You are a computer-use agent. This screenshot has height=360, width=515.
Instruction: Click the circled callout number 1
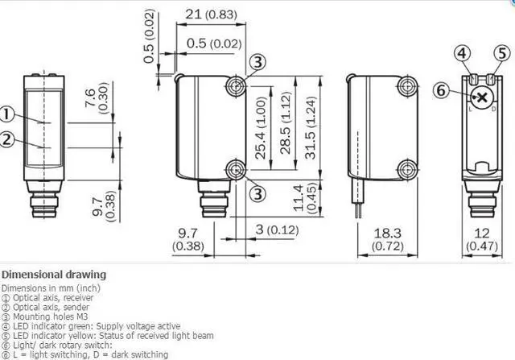[x=6, y=114]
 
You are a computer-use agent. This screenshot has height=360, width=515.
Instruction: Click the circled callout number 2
[x=6, y=139]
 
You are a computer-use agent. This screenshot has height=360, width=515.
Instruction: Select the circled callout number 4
[x=462, y=53]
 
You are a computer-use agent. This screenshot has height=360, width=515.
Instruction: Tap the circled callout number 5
[x=502, y=53]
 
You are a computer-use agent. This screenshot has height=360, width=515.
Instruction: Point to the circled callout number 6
[x=440, y=90]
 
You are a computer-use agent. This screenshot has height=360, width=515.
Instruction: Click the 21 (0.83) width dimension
[x=211, y=14]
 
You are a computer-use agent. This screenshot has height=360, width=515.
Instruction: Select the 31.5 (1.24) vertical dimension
[x=311, y=127]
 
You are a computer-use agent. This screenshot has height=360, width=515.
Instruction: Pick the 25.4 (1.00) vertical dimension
[x=261, y=127]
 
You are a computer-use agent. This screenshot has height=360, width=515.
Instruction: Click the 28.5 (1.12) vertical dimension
[x=286, y=122]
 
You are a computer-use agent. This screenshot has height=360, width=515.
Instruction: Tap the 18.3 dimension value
[x=388, y=233]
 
